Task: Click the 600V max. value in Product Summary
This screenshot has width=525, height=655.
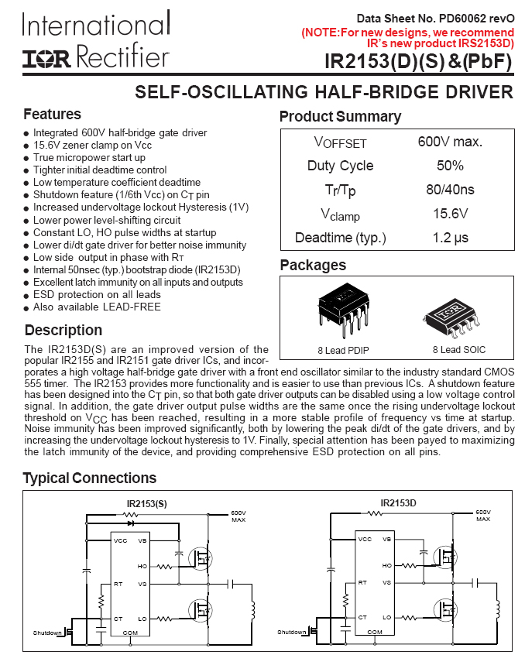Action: pyautogui.click(x=450, y=142)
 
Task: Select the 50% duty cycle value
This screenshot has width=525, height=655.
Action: pyautogui.click(x=450, y=166)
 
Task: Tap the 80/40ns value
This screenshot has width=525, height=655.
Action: pyautogui.click(x=450, y=190)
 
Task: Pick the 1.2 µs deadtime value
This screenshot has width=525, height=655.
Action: pyautogui.click(x=450, y=238)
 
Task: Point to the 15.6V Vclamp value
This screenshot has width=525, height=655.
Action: pyautogui.click(x=450, y=214)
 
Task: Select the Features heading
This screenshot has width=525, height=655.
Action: pyautogui.click(x=52, y=115)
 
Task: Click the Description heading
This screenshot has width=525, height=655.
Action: pyautogui.click(x=63, y=331)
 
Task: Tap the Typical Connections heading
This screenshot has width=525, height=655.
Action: pyautogui.click(x=89, y=478)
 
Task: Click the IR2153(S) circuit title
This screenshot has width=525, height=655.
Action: pyautogui.click(x=146, y=504)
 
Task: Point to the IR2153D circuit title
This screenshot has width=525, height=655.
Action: pyautogui.click(x=398, y=503)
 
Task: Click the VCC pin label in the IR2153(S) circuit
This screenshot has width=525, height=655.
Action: pyautogui.click(x=120, y=540)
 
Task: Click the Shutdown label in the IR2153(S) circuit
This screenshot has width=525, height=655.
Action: pyautogui.click(x=46, y=633)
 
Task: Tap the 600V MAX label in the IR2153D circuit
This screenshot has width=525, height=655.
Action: pyautogui.click(x=483, y=516)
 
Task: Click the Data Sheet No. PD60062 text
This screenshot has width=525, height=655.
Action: pyautogui.click(x=435, y=18)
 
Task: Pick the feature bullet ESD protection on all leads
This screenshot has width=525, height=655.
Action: pyautogui.click(x=97, y=295)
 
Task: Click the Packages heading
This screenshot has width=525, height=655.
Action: pyautogui.click(x=313, y=266)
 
